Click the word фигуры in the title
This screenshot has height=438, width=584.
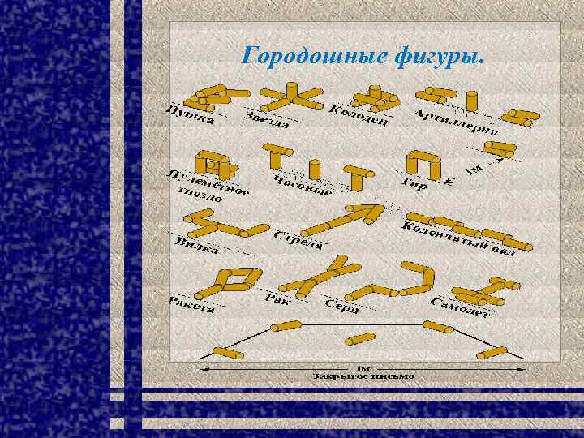click(x=439, y=57)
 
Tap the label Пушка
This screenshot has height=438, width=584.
click(x=190, y=114)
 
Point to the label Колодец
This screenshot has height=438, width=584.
click(x=358, y=116)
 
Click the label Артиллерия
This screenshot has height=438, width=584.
click(x=456, y=122)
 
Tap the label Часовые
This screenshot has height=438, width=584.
click(x=303, y=186)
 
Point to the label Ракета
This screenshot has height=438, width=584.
click(x=191, y=305)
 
